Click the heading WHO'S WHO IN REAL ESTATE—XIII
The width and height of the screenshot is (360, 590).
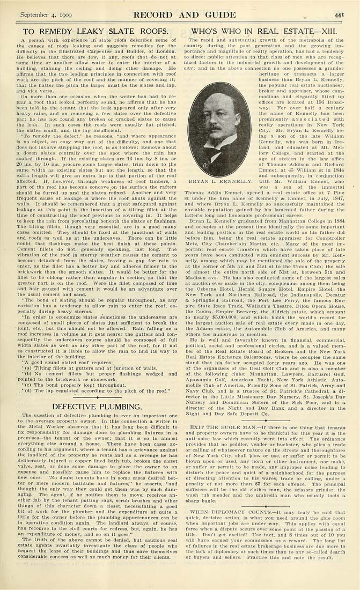click(x=267, y=32)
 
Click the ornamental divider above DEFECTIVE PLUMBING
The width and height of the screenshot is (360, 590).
click(x=90, y=397)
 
